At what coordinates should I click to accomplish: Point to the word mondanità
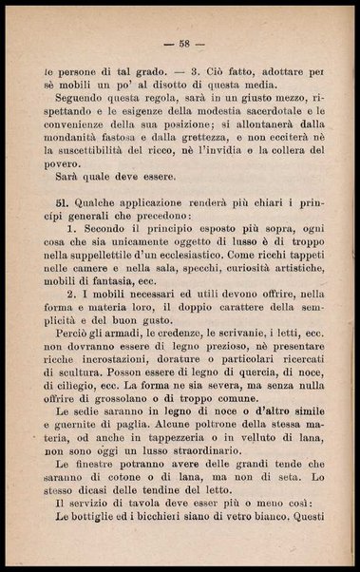click(79, 138)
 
